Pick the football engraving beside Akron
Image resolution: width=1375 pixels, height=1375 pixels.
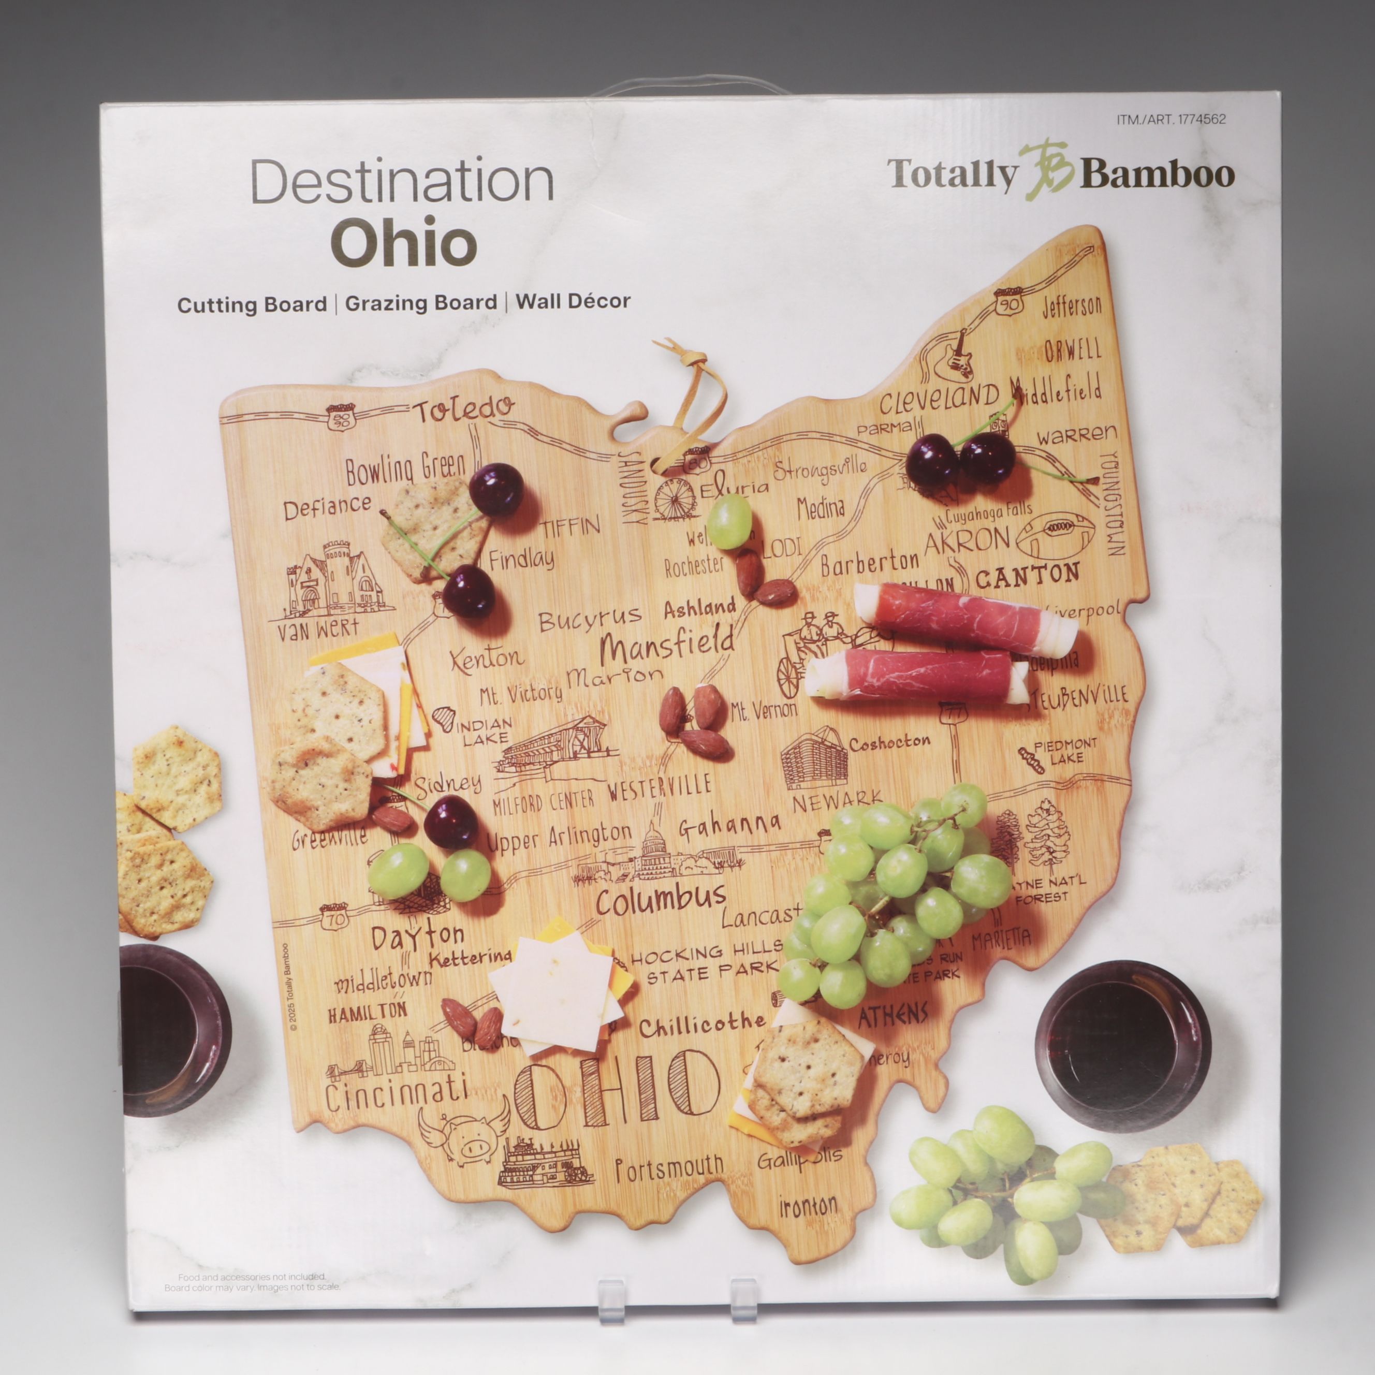(x=1054, y=535)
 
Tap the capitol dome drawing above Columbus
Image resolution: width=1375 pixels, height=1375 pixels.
(x=651, y=851)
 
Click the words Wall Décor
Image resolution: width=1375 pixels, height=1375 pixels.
(x=573, y=301)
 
